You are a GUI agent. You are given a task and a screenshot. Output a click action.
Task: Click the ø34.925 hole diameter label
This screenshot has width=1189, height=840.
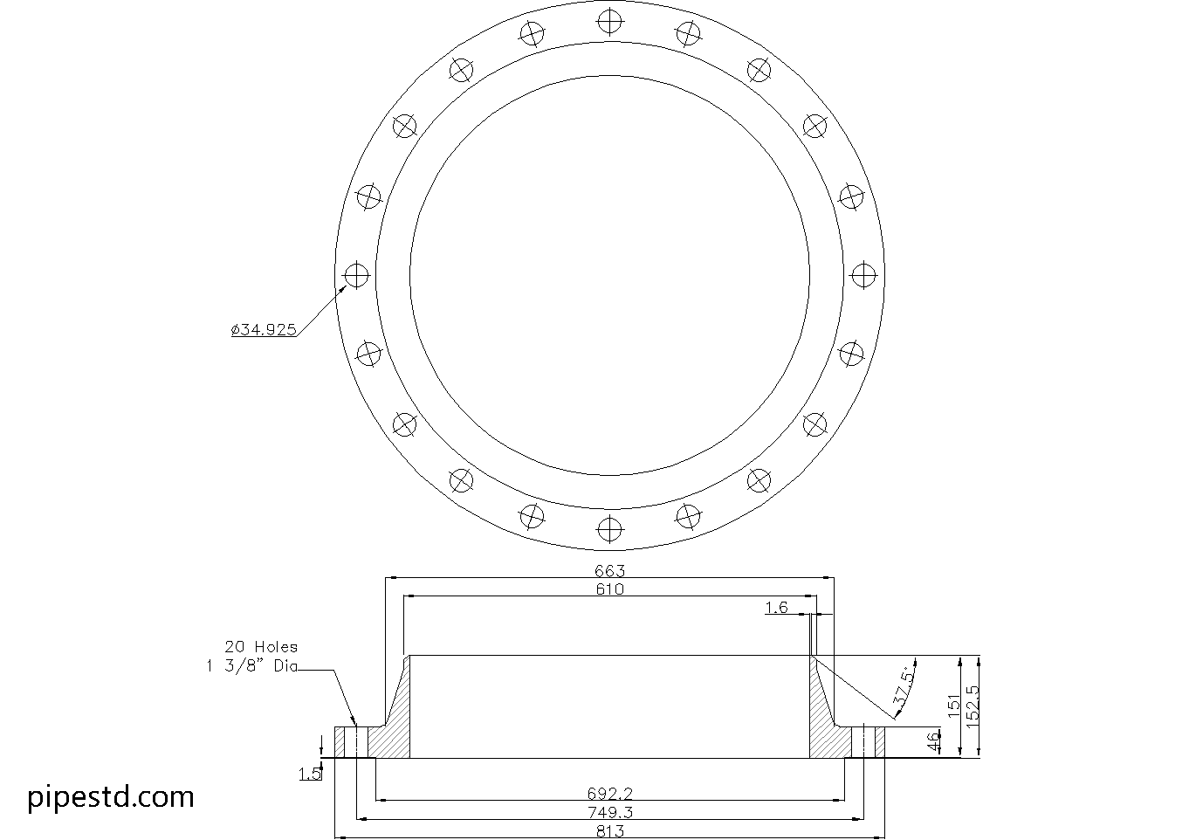264,330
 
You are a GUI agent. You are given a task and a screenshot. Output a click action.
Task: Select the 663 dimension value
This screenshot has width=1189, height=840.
610,571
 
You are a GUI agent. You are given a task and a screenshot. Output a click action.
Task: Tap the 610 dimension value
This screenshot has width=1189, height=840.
610,589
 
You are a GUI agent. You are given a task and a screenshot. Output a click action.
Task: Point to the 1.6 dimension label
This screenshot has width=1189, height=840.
777,608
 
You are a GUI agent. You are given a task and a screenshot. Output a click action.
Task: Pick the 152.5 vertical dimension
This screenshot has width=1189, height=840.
973,706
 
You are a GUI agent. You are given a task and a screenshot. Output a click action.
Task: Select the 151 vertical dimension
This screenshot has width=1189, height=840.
954,706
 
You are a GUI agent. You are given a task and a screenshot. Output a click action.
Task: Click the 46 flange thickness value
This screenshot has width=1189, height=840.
934,742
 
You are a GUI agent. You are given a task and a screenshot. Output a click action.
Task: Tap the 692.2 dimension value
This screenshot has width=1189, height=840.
610,794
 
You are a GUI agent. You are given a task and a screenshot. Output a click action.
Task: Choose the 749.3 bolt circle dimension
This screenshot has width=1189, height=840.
610,812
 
